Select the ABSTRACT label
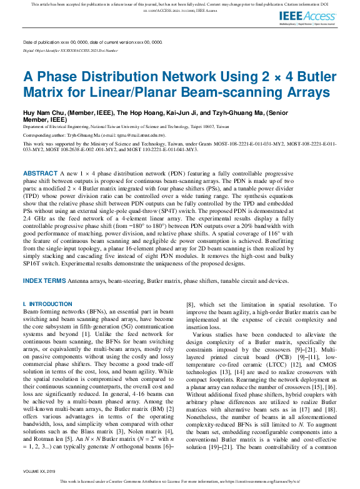coord(41,172)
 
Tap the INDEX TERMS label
coord(44,281)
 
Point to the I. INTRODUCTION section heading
coord(47,304)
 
